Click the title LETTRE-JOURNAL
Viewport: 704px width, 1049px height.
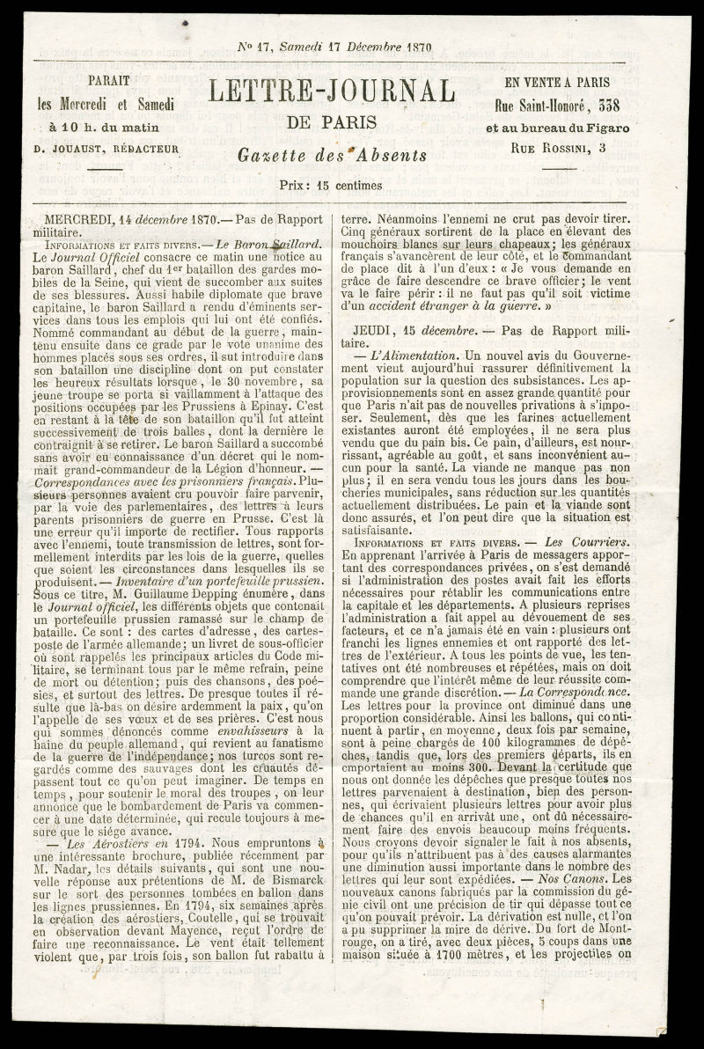pyautogui.click(x=332, y=92)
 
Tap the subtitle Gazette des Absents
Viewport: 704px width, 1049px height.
pyautogui.click(x=332, y=156)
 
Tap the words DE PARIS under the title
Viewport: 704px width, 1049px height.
pyautogui.click(x=332, y=121)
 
